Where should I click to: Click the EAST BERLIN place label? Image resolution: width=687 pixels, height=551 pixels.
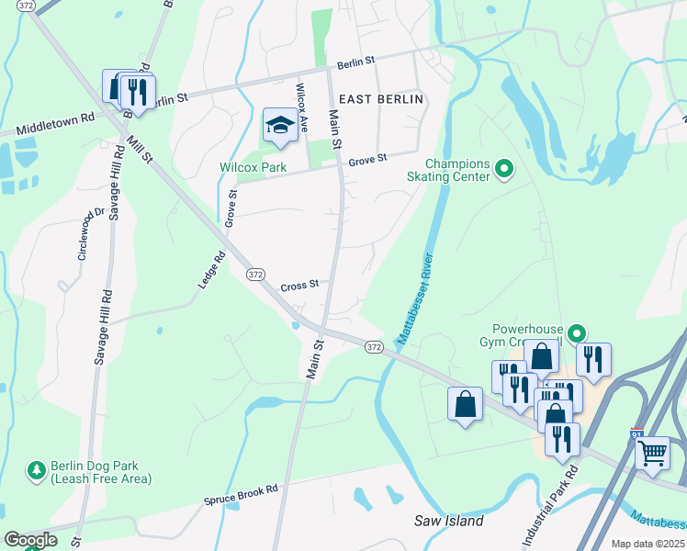[380, 99]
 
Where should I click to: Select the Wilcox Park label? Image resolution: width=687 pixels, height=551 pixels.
[253, 167]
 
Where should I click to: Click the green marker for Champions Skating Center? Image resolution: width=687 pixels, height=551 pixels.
[503, 169]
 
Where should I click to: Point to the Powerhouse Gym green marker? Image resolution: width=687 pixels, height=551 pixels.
[576, 333]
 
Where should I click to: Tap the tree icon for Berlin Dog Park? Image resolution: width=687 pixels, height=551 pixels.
[37, 470]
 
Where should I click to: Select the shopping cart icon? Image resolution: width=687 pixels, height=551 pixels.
[651, 452]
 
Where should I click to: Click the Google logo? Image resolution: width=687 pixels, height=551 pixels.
[30, 540]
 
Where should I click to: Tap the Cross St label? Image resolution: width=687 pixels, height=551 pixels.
[298, 285]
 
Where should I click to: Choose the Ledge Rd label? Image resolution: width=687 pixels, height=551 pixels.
[211, 272]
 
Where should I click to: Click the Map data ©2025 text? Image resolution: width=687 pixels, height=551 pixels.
[648, 544]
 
